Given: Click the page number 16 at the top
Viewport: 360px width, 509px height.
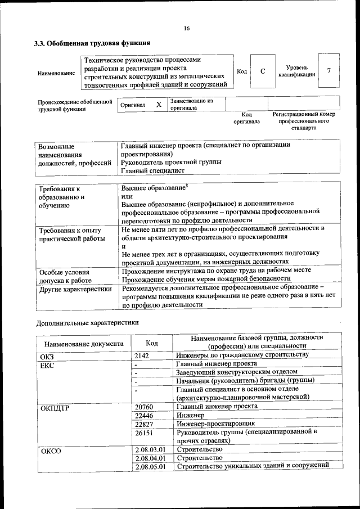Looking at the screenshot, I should tap(186, 29).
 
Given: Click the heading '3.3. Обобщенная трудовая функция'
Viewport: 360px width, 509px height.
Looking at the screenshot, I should tap(91, 43).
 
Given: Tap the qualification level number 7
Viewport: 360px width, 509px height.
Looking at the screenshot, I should tap(328, 71).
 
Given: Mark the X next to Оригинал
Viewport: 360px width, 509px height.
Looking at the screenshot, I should tap(159, 105).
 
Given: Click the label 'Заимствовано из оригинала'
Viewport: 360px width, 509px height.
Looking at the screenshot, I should tap(192, 104).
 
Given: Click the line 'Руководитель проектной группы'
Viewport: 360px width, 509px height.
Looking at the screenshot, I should tap(171, 162).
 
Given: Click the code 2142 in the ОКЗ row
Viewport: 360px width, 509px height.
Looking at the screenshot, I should tap(143, 355).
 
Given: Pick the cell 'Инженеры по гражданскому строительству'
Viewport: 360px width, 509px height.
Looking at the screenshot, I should tap(242, 355).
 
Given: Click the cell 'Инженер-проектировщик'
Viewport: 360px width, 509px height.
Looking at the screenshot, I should tap(215, 424).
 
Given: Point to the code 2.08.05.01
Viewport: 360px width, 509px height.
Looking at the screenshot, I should tap(150, 466).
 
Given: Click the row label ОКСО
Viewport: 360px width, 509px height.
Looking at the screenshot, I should tap(51, 451).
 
